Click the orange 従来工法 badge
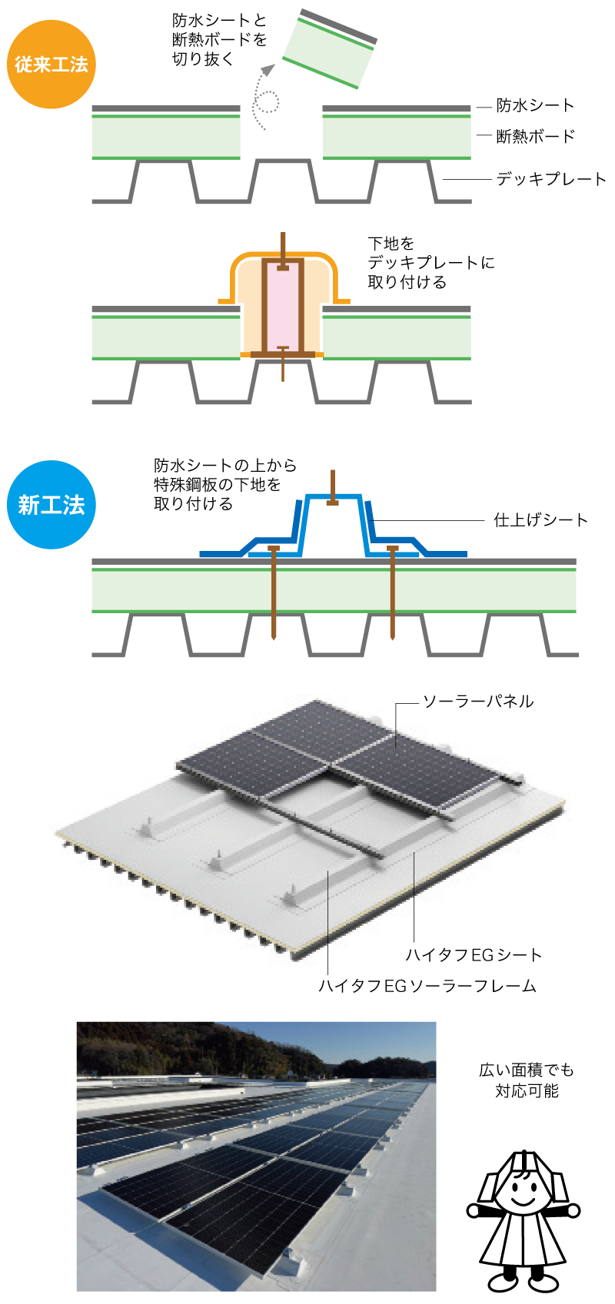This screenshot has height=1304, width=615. [x=51, y=65]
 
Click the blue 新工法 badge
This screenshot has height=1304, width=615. [x=51, y=505]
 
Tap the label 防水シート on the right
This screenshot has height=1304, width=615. [x=535, y=105]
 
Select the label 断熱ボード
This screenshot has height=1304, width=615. [x=535, y=136]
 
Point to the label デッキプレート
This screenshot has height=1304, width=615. [x=551, y=179]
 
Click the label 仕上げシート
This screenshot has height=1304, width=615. [x=540, y=520]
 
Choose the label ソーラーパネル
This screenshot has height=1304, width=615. [x=478, y=701]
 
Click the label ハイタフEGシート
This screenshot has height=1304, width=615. [x=474, y=954]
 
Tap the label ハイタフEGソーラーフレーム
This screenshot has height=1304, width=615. [x=427, y=985]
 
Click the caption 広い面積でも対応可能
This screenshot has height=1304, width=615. [x=527, y=1080]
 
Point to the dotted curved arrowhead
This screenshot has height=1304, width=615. [x=268, y=71]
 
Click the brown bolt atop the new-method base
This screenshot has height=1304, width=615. [x=332, y=487]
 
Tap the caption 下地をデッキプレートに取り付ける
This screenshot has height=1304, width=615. [x=430, y=263]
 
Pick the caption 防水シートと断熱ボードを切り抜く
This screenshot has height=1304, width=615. [x=219, y=39]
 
